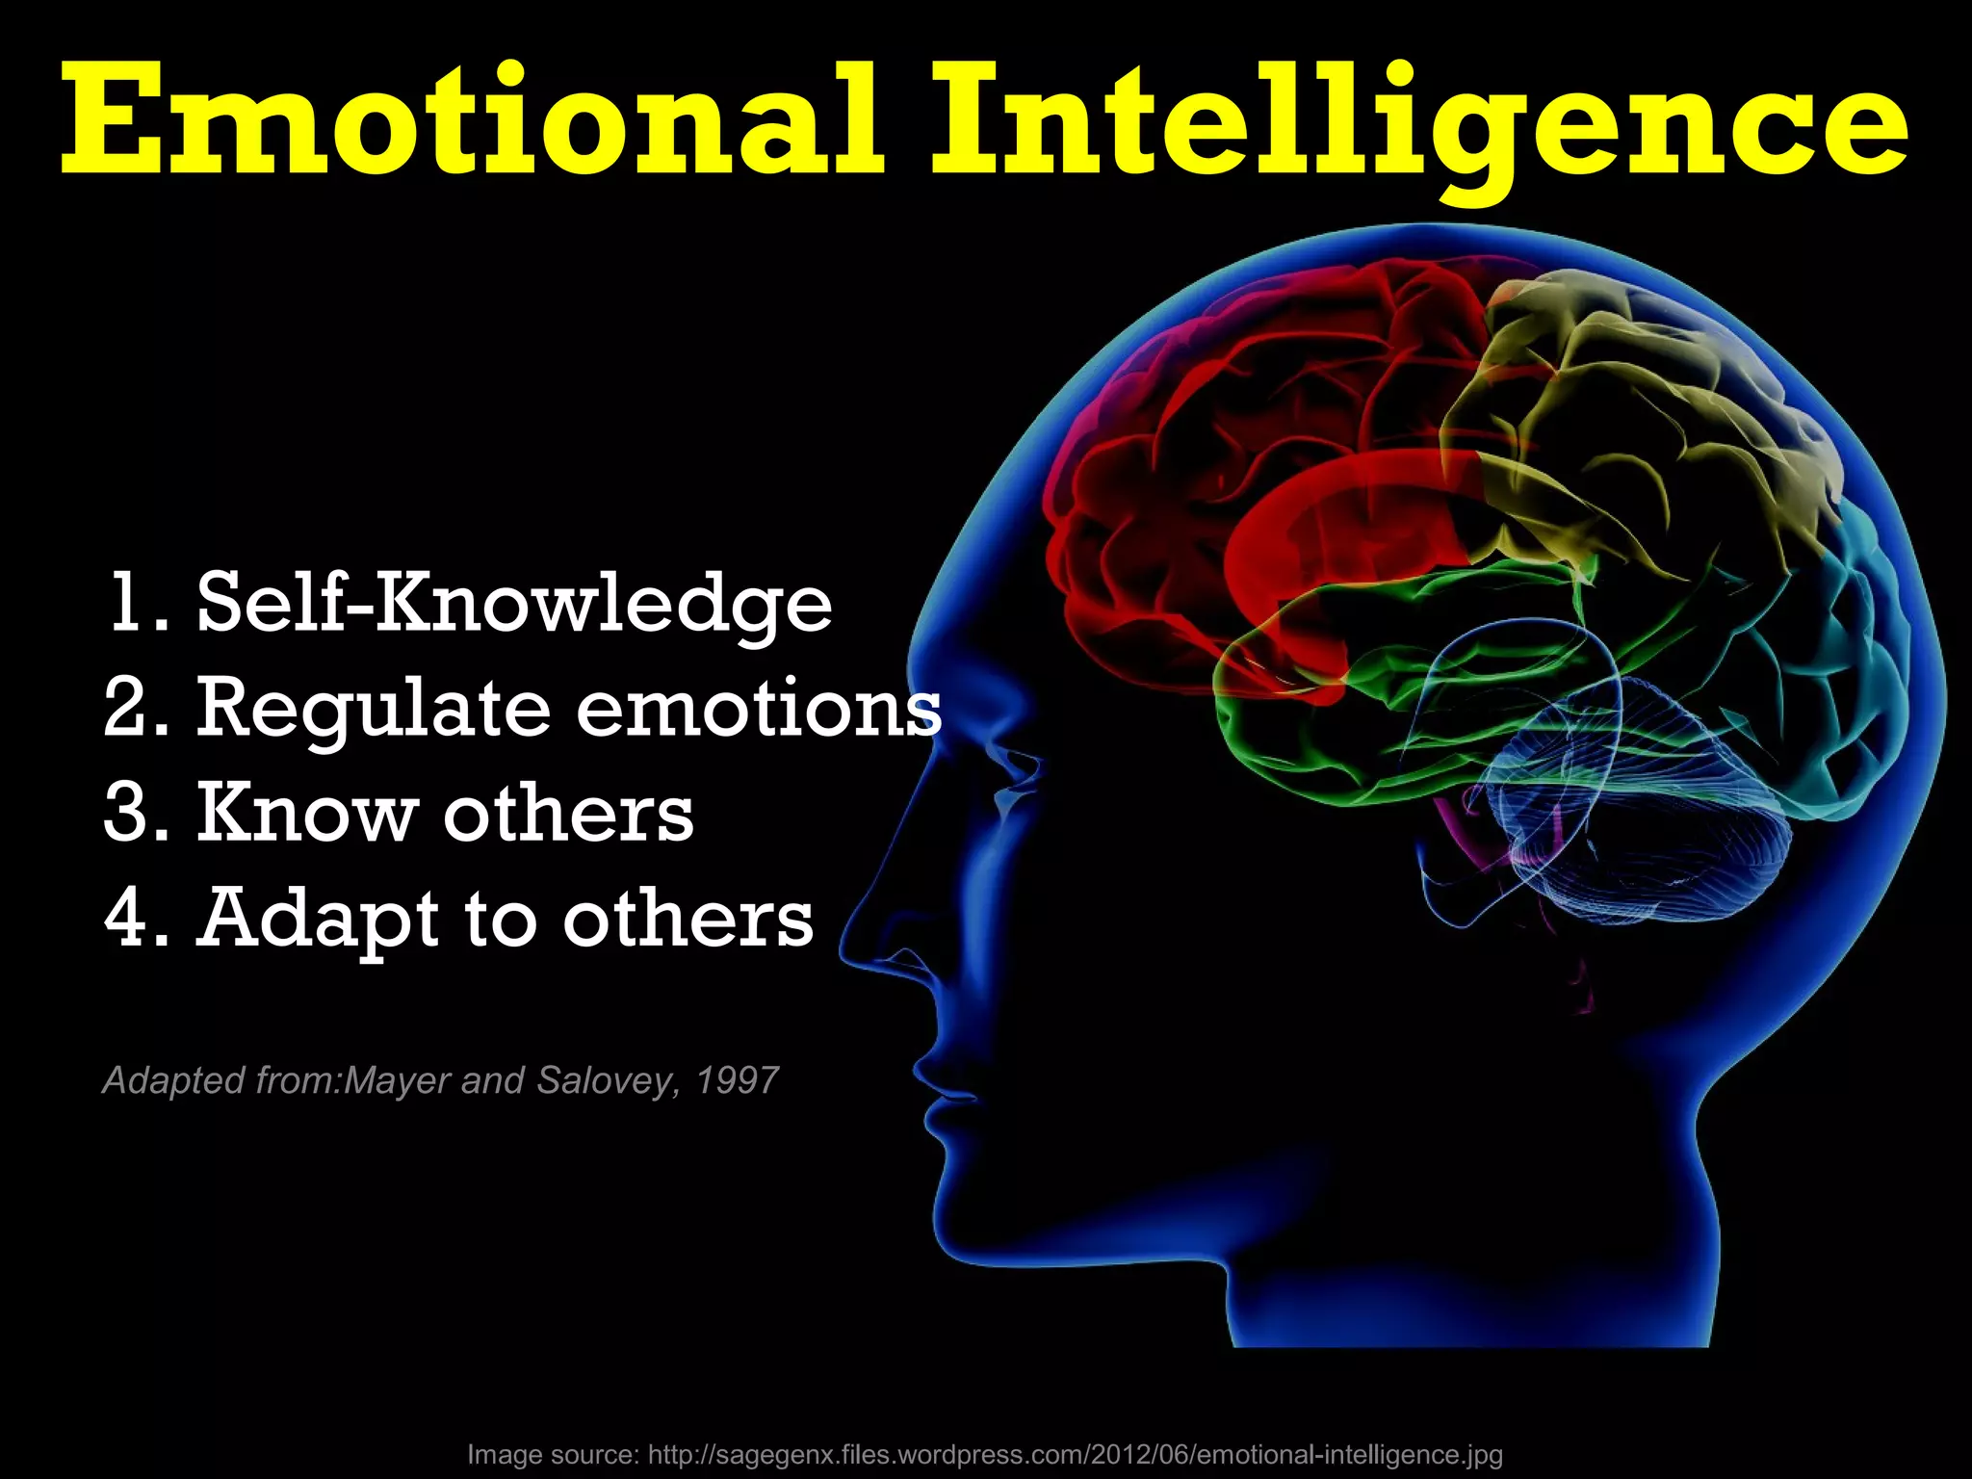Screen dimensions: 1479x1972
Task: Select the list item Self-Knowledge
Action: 514,604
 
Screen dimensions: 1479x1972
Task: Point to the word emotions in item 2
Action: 759,708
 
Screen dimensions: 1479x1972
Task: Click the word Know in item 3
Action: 306,814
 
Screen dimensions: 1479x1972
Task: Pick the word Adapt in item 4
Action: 319,920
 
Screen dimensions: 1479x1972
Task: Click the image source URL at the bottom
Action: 1075,1454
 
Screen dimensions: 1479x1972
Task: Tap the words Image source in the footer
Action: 552,1454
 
